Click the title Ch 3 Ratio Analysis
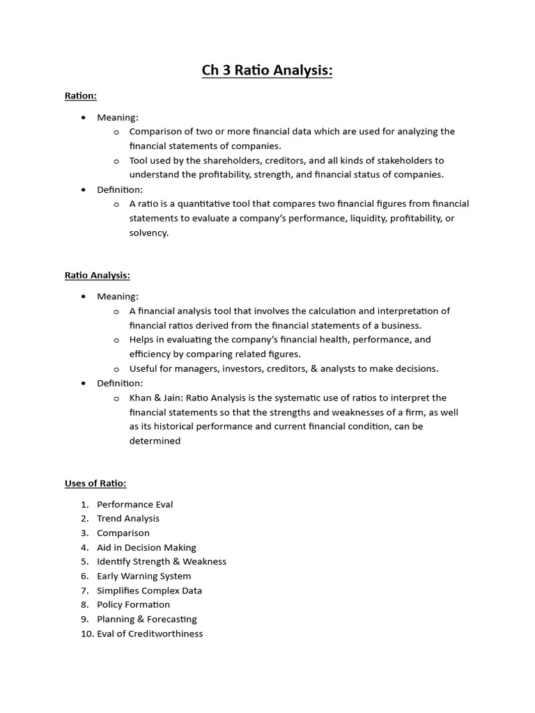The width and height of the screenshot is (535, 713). (267, 70)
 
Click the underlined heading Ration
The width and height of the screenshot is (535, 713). (80, 96)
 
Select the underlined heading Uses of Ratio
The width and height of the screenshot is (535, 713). (95, 483)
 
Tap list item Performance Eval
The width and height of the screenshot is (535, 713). (134, 504)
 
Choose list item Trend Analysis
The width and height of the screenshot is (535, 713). (128, 518)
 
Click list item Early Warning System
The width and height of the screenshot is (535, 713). (144, 576)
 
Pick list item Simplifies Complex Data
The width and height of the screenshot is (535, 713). (149, 590)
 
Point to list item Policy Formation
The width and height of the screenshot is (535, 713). (133, 604)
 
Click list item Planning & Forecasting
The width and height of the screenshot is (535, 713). (146, 619)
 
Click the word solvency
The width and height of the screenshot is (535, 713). (148, 233)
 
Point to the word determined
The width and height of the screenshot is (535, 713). (155, 441)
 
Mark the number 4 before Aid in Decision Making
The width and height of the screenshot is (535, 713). (84, 547)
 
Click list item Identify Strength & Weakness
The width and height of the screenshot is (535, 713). (162, 561)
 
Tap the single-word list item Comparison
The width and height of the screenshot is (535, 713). (123, 533)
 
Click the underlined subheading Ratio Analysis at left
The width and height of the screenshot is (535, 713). (98, 275)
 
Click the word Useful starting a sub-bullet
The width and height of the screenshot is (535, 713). (143, 368)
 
